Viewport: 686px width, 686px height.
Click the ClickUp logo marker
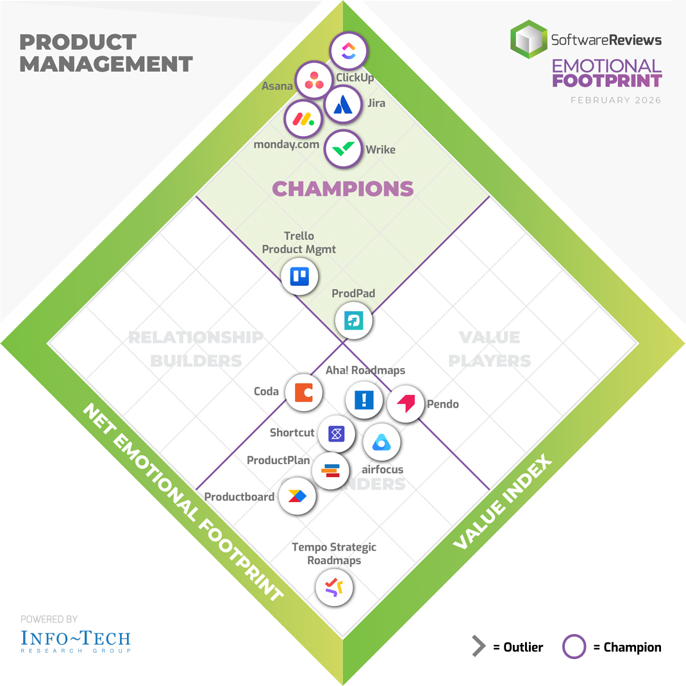click(x=348, y=51)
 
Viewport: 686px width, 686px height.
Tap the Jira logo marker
click(x=343, y=103)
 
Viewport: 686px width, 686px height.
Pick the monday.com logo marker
click(x=303, y=119)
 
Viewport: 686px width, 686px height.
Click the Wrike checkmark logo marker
click(x=343, y=149)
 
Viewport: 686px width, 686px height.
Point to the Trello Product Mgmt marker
click(x=299, y=276)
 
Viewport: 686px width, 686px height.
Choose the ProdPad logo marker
click(x=353, y=320)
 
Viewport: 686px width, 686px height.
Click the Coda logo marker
click(x=303, y=392)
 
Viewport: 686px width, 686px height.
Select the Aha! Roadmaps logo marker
click(x=364, y=400)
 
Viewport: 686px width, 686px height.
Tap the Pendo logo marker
click(x=406, y=404)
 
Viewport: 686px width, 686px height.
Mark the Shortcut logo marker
click(x=336, y=434)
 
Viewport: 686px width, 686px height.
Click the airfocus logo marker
click(x=382, y=442)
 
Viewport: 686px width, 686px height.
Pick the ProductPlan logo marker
click(x=330, y=471)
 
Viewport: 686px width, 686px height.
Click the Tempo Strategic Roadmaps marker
click(x=334, y=587)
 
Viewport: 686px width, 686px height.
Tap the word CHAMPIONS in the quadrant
click(x=343, y=188)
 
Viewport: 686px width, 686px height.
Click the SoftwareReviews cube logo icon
click(x=529, y=39)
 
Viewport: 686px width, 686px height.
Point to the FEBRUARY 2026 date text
click(x=615, y=100)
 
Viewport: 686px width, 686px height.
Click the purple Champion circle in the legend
click(x=574, y=647)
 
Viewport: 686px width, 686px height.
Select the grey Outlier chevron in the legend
click(x=478, y=647)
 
